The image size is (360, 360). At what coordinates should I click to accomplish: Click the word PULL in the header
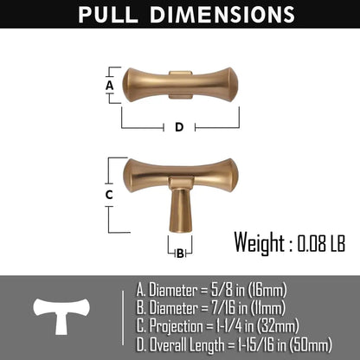(107, 14)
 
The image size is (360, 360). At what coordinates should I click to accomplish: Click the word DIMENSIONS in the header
(222, 14)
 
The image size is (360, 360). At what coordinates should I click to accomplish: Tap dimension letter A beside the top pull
(110, 86)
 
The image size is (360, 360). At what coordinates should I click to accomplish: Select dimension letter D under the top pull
(179, 127)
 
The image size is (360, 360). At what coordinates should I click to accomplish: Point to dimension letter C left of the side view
(109, 195)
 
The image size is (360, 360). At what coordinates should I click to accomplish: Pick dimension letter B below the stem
(180, 254)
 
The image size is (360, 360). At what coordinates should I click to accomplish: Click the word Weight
(259, 243)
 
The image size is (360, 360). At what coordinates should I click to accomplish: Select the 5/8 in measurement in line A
(228, 290)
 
